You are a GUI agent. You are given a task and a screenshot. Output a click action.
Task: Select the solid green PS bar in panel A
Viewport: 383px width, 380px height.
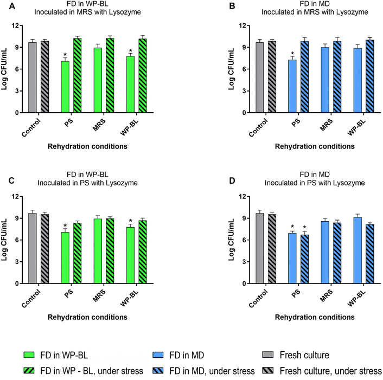point(65,87)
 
